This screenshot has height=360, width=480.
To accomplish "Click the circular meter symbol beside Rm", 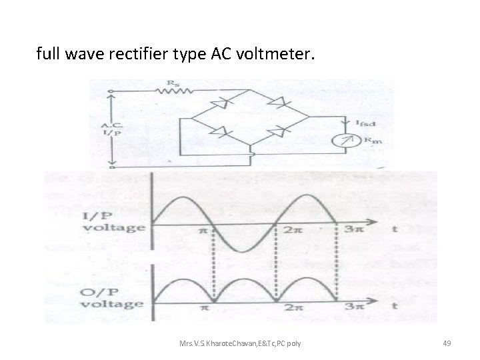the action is coord(345,141).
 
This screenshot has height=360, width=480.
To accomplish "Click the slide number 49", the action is coord(447,343).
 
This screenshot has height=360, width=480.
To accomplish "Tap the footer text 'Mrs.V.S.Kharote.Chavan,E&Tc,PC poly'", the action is coord(239,343).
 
